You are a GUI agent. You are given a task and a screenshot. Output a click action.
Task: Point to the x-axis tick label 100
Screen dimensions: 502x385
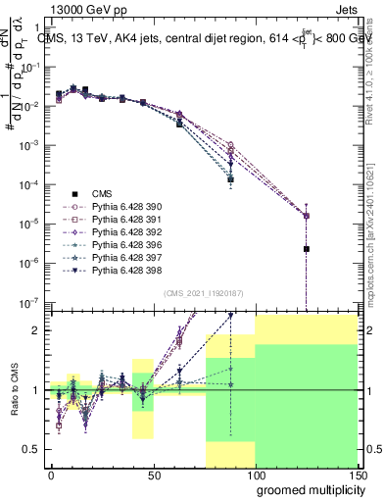(255, 474)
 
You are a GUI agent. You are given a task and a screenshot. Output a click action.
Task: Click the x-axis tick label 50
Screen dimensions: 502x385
(153, 474)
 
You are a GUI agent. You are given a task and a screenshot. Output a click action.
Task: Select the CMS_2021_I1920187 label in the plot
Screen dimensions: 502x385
(204, 292)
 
